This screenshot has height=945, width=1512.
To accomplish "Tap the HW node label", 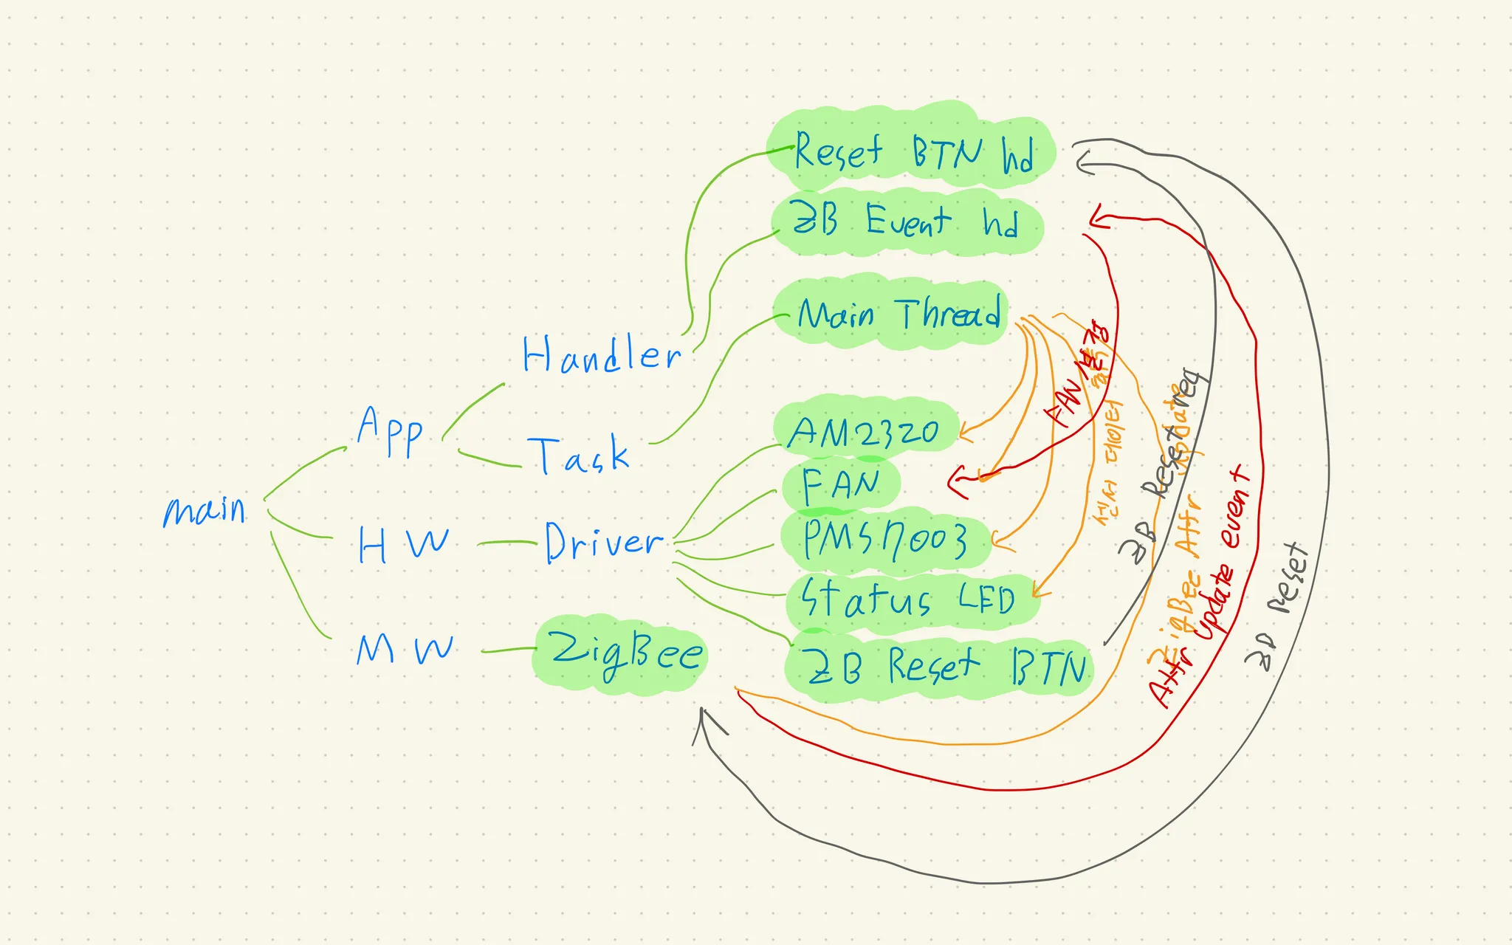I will pyautogui.click(x=403, y=544).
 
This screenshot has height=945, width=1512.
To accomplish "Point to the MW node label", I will pyautogui.click(x=404, y=649).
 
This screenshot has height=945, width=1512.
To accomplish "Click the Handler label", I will pyautogui.click(x=601, y=355).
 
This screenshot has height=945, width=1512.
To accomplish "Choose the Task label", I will pyautogui.click(x=579, y=455).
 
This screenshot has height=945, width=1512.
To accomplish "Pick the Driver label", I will pyautogui.click(x=603, y=543).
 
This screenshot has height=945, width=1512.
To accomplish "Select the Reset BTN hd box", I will pyautogui.click(x=913, y=151).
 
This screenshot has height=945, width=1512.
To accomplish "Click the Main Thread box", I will pyautogui.click(x=897, y=315).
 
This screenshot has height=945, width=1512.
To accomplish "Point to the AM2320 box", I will pyautogui.click(x=864, y=432).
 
